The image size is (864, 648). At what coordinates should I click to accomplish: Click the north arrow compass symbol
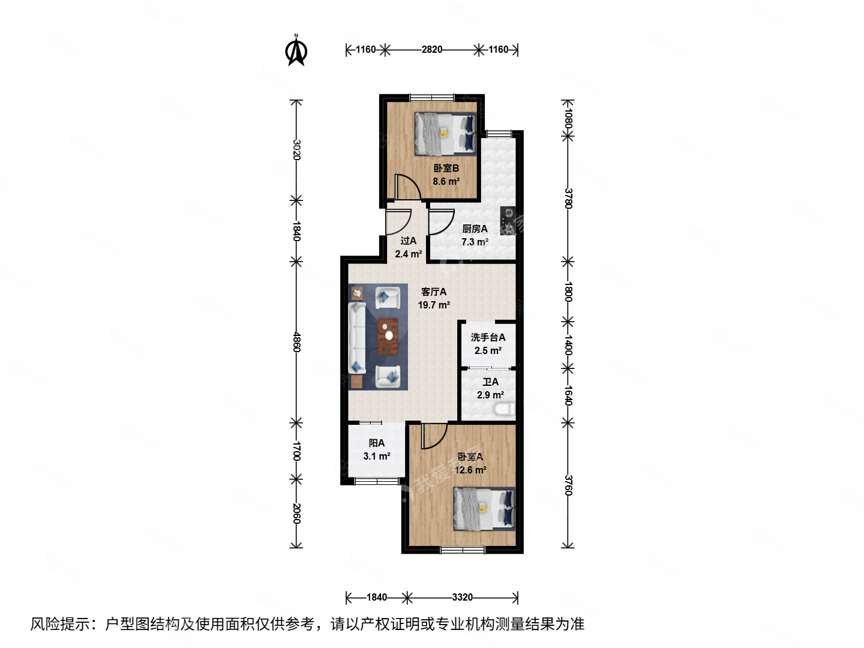point(296,50)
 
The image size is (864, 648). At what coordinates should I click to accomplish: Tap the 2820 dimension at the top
point(432,50)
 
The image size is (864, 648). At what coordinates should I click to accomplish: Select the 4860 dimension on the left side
point(296,342)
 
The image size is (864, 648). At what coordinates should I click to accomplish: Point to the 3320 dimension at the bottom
point(462,597)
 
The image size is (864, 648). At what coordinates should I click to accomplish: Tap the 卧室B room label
point(446,169)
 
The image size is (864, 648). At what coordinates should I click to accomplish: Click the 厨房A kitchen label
point(475,229)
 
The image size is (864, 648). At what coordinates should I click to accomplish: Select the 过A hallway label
point(409,241)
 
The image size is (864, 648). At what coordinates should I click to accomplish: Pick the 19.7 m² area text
point(434,305)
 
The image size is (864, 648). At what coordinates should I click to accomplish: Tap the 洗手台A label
point(488,337)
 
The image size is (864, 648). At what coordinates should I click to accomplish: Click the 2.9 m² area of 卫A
point(490,395)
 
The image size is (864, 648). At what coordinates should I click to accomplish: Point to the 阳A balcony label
point(377,443)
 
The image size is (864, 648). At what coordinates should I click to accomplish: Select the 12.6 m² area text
point(470,470)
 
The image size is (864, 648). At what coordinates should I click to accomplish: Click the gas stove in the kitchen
point(508,220)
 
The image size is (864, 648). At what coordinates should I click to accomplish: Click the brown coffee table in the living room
point(388,335)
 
